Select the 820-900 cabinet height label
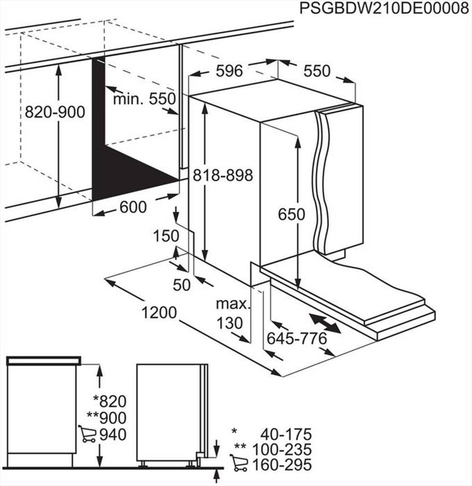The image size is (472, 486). (x=55, y=112)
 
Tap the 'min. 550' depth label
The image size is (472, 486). (x=144, y=99)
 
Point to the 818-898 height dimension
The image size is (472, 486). (x=223, y=175)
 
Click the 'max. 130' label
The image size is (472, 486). (x=231, y=313)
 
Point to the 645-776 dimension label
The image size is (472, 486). (x=297, y=338)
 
